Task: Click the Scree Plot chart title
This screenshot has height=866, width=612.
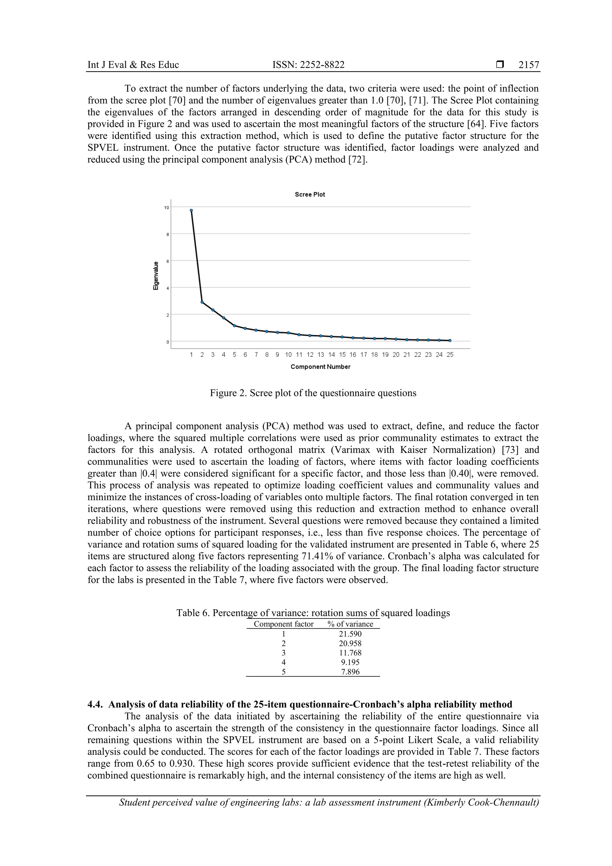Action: pos(310,195)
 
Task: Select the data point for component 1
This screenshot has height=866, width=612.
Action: pos(191,210)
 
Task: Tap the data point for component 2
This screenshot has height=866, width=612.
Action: pos(202,302)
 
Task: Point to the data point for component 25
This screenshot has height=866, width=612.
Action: pos(450,340)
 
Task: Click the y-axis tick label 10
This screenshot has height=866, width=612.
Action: pos(166,207)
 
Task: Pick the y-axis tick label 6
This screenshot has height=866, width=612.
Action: pos(167,261)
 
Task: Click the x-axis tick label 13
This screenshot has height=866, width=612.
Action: pos(321,355)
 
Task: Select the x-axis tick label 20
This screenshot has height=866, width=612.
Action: pos(396,355)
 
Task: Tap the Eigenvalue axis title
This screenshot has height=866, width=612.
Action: pos(155,276)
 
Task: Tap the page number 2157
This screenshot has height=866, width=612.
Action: pos(529,65)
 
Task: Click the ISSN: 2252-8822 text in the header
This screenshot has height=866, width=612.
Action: pos(308,65)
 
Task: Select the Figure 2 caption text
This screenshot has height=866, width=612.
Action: pos(313,393)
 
